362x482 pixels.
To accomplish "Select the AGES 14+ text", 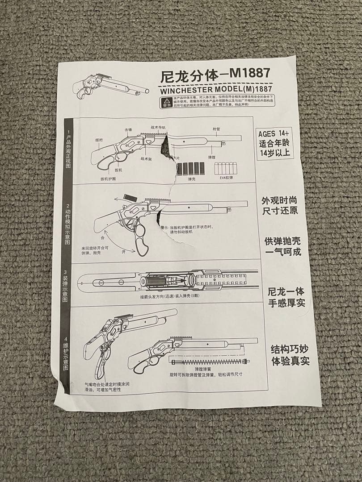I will [x=274, y=133].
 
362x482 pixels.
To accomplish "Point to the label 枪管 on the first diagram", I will [x=216, y=129].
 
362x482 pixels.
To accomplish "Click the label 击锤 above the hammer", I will [x=128, y=129].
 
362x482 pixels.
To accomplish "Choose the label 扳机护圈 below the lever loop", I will [x=108, y=178].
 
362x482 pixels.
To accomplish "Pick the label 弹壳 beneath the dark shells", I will [x=193, y=179].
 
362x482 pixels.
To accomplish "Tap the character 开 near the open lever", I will [x=123, y=252].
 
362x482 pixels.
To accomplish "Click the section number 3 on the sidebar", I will [x=66, y=272].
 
